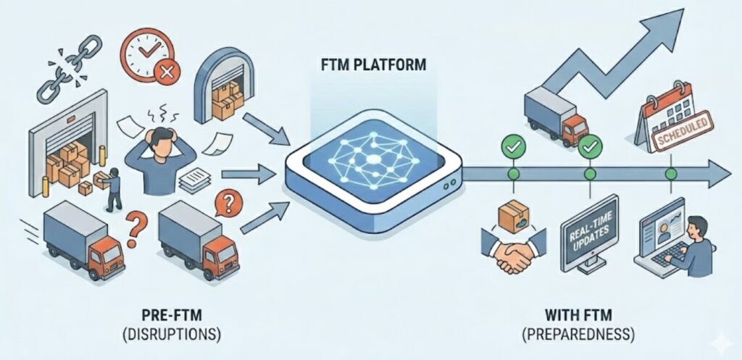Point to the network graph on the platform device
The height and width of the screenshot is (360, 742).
[x=372, y=159]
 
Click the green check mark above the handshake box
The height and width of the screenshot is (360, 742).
[x=513, y=146]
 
